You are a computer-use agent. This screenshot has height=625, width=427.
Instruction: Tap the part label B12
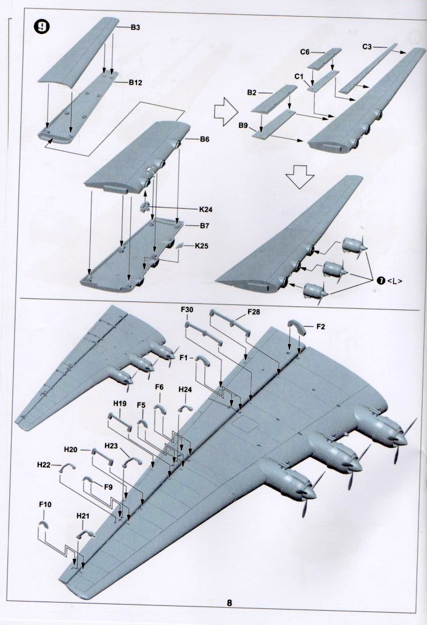pyautogui.click(x=136, y=82)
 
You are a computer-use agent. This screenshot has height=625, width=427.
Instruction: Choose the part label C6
pyautogui.click(x=305, y=52)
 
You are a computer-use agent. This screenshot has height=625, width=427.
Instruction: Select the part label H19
pyautogui.click(x=120, y=403)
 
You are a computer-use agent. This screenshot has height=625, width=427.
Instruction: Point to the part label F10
pyautogui.click(x=45, y=505)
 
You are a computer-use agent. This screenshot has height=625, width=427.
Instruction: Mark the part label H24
pyautogui.click(x=185, y=390)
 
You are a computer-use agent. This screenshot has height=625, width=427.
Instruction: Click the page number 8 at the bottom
pyautogui.click(x=229, y=604)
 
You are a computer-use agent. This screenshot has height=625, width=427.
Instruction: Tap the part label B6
pyautogui.click(x=204, y=140)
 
